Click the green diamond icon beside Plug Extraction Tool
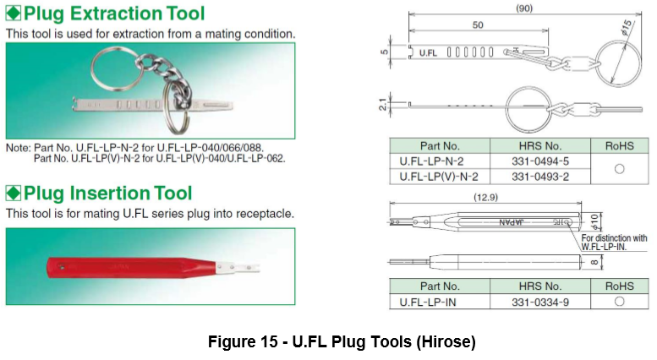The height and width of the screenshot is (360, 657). tap(14, 13)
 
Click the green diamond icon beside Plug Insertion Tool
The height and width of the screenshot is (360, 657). tap(14, 193)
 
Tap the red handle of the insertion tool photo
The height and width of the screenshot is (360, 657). tap(131, 268)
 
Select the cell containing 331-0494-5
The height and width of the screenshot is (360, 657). tap(540, 161)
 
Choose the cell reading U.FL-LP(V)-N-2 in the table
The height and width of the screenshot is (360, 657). tap(439, 177)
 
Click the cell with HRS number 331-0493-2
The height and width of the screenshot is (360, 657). tap(540, 177)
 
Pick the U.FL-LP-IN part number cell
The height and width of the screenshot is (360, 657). tap(439, 302)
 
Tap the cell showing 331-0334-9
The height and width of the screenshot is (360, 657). tap(540, 302)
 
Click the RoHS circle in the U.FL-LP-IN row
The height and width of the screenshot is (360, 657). tap(619, 302)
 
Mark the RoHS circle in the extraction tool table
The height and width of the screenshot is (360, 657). tap(619, 169)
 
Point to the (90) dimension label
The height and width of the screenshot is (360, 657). tap(523, 8)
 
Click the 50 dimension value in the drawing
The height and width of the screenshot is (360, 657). tap(478, 25)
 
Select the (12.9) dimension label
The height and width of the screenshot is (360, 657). tap(485, 197)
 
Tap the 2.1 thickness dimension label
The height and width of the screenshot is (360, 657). tap(382, 104)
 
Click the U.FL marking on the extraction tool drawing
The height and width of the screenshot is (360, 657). tap(428, 52)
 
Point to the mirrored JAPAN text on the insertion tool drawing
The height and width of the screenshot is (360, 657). tap(512, 222)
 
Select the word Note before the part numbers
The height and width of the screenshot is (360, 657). tap(18, 148)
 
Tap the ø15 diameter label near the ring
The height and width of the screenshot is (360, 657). tap(626, 27)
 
